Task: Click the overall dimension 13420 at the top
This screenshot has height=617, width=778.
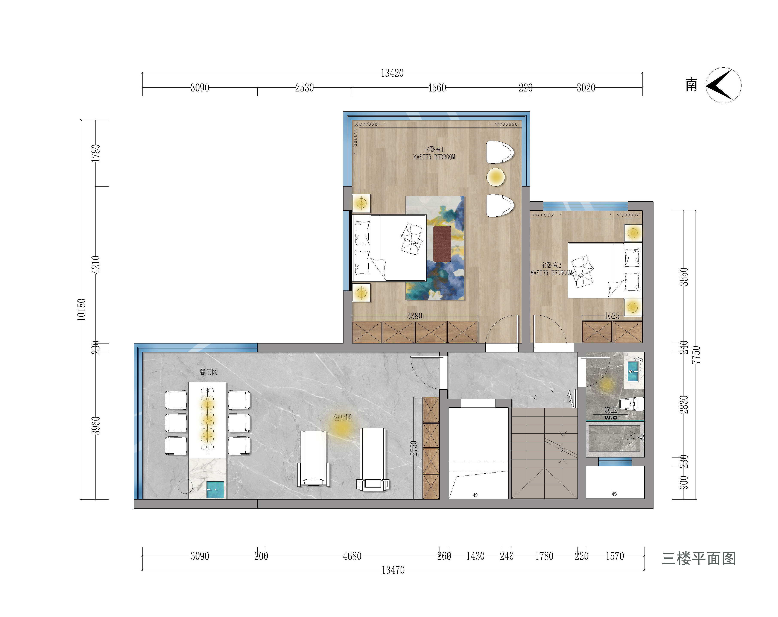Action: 392,73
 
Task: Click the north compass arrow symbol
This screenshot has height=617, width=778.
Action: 723,85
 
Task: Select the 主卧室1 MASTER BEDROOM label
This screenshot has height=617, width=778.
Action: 434,153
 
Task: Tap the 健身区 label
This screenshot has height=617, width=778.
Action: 342,418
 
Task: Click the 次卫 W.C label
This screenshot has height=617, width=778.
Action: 611,413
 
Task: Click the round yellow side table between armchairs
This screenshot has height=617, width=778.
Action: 496,177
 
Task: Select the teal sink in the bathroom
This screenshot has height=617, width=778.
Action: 633,371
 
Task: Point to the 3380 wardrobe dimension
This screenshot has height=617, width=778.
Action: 415,316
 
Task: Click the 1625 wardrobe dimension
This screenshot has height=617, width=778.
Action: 612,316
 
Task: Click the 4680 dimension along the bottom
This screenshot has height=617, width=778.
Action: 352,556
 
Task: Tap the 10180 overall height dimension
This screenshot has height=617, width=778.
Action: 82,310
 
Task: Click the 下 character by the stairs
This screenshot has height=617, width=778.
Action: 533,399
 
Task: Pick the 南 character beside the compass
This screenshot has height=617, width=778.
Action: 691,85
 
